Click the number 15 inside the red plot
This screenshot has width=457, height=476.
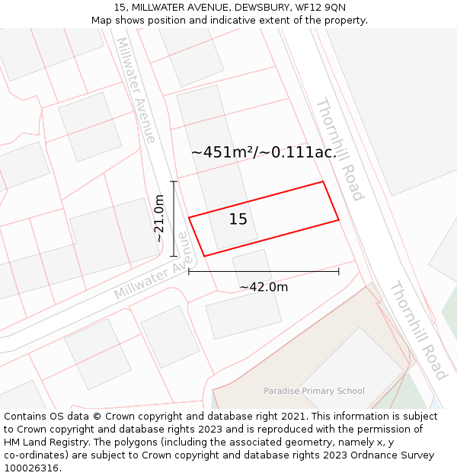point(238,219)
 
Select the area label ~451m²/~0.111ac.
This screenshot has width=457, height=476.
point(264,152)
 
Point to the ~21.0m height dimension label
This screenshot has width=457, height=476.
point(159,219)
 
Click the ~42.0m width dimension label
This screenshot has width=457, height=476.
point(264,287)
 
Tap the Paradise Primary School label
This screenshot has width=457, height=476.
point(314,391)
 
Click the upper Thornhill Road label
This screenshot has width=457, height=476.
point(340,149)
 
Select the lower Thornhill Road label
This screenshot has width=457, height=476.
point(417,330)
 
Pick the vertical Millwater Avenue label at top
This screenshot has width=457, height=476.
point(136,90)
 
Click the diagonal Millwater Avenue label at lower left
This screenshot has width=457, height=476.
point(150,276)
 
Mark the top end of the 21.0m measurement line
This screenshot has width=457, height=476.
point(174,182)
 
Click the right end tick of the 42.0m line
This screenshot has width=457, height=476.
point(339,271)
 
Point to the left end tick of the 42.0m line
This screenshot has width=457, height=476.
point(189,271)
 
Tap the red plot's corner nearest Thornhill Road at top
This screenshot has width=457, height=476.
point(324,182)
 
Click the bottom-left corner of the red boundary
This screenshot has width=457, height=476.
point(204,256)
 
